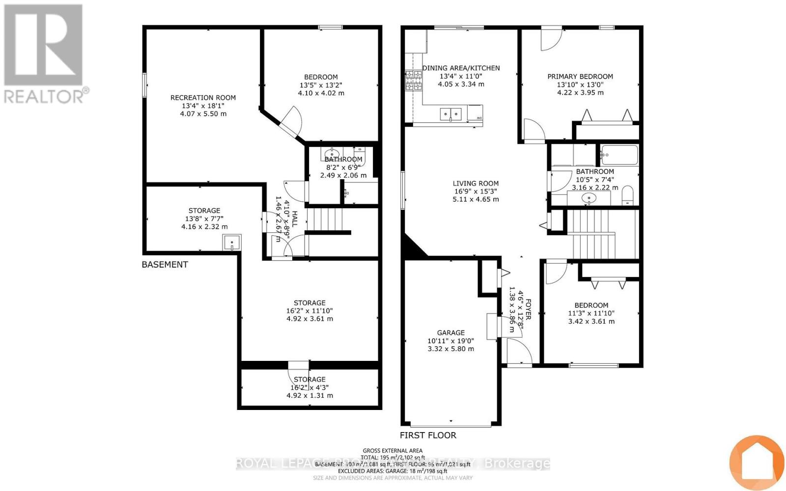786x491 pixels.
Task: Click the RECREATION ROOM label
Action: coord(203,98)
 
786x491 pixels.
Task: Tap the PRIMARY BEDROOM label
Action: coord(580,77)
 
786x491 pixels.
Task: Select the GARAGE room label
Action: coord(450,333)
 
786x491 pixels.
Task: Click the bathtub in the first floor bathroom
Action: coord(619,155)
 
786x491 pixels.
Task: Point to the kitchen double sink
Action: coord(450,114)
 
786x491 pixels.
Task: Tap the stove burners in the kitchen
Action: coord(413,81)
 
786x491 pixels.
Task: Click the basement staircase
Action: coord(323,219)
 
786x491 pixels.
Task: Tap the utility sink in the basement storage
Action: coord(232,243)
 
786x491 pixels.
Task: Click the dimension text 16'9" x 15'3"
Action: coord(476,191)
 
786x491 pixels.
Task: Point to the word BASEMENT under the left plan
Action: coord(165,265)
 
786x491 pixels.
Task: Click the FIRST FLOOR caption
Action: coord(428,436)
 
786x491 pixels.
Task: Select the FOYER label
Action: coord(529,309)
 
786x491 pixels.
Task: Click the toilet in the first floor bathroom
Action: coord(627,195)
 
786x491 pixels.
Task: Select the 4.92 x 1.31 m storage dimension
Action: coord(309,395)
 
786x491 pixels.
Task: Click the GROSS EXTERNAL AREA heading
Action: coord(393,451)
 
